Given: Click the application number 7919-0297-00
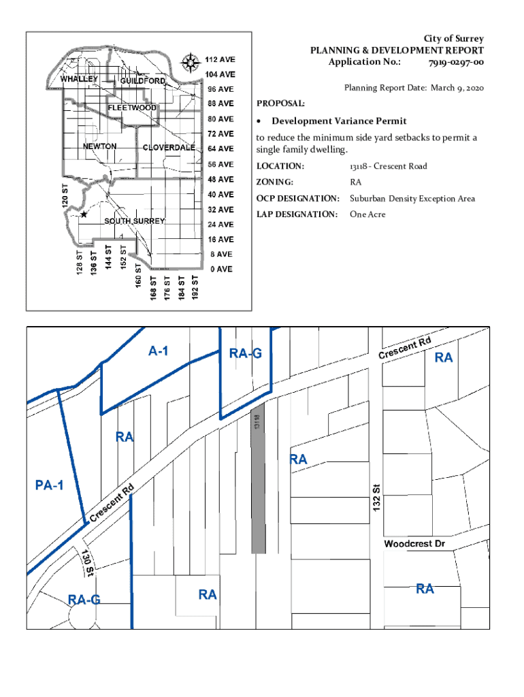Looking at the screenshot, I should (456, 62).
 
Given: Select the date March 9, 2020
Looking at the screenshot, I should (456, 88).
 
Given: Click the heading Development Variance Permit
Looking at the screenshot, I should (339, 121).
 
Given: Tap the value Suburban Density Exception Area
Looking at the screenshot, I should (412, 199).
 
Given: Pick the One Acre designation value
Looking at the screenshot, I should (367, 214).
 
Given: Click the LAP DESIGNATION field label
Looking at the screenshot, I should (297, 214).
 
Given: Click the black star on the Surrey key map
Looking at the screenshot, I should (84, 214).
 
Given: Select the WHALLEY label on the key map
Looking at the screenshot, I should (80, 79).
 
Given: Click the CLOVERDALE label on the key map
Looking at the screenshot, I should (169, 148).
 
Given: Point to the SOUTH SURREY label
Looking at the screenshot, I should (134, 221).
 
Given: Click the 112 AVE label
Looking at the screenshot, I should (220, 59).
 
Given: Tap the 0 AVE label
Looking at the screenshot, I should (220, 270).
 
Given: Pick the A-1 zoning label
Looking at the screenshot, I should (158, 351).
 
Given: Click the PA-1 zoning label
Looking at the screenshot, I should (49, 485).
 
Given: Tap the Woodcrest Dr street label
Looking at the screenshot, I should (414, 545).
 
